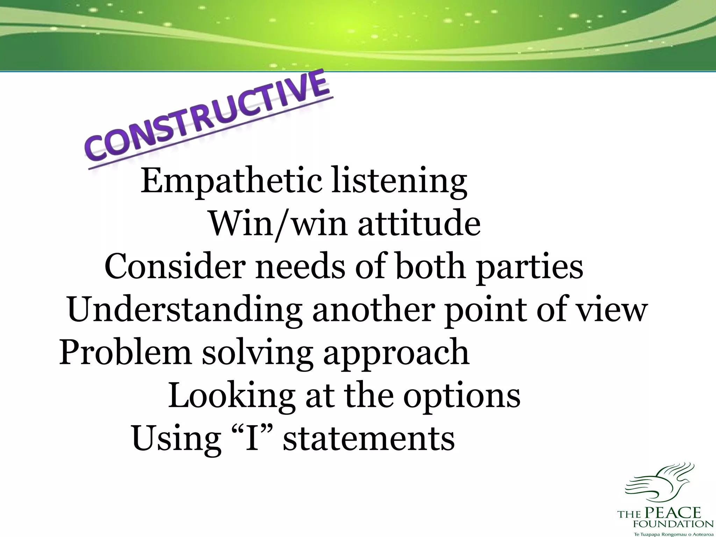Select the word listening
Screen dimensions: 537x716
399,182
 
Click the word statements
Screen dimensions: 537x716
368,438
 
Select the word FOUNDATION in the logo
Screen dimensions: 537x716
673,524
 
